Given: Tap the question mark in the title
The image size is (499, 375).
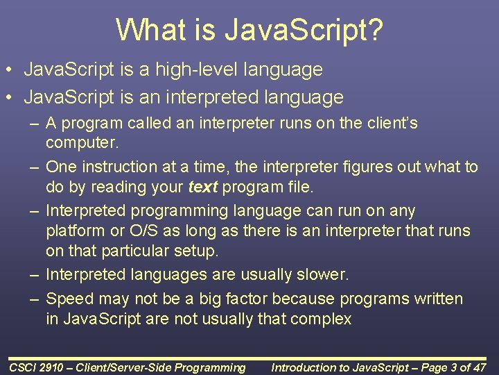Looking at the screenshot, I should [x=375, y=30].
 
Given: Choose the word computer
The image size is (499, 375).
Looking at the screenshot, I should [x=82, y=143].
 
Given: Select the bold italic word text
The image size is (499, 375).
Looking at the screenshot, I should [x=202, y=187].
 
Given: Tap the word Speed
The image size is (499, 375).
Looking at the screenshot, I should [x=69, y=299].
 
